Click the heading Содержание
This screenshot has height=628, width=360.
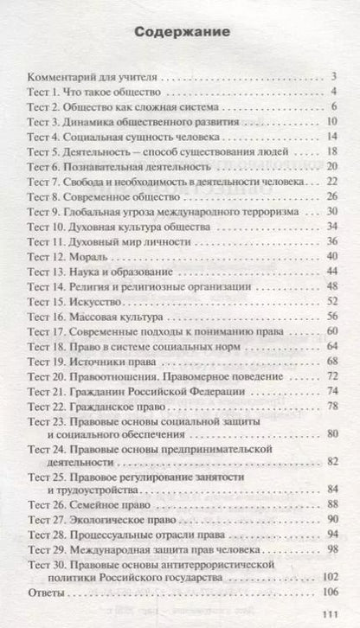(x=180, y=34)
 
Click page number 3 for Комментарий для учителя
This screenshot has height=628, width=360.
(x=332, y=77)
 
